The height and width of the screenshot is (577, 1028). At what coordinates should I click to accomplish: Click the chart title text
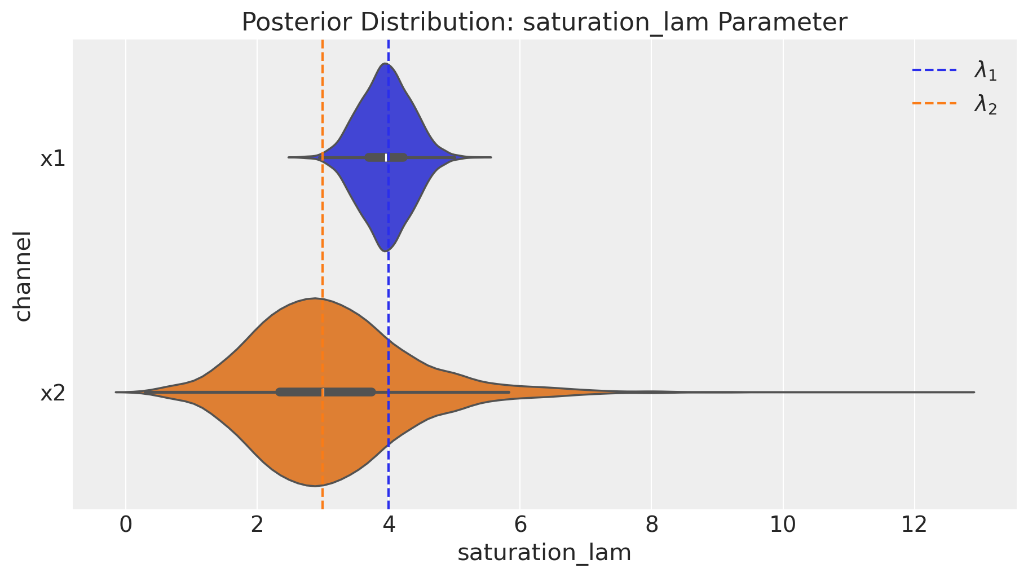tap(544, 23)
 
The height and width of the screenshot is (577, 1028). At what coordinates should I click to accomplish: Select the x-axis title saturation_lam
tap(544, 553)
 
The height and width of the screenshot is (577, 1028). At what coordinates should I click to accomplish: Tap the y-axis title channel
tap(23, 275)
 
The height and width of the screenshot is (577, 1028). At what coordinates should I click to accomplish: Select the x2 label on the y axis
tap(52, 393)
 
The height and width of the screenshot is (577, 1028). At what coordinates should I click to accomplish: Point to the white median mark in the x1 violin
tap(386, 157)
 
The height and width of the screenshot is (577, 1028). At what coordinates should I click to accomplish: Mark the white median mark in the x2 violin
tap(323, 392)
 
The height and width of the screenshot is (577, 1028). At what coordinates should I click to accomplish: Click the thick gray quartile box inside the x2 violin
tap(350, 392)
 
